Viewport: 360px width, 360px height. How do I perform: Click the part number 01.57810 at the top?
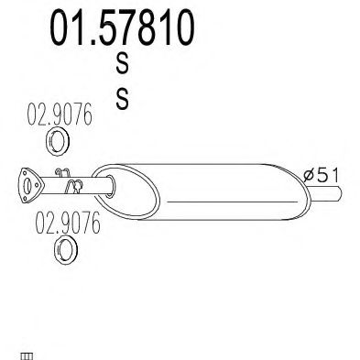tap(122, 27)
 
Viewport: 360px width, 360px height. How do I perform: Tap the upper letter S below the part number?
tap(122, 62)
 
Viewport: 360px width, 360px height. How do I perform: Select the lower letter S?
tap(122, 98)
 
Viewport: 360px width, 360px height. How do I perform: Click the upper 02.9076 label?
tap(60, 115)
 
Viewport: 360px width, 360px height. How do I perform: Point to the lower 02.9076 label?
tap(68, 223)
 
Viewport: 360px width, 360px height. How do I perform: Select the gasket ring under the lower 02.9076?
tap(66, 251)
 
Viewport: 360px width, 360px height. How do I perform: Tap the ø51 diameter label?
tap(322, 176)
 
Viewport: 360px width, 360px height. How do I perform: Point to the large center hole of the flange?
tap(27, 187)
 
